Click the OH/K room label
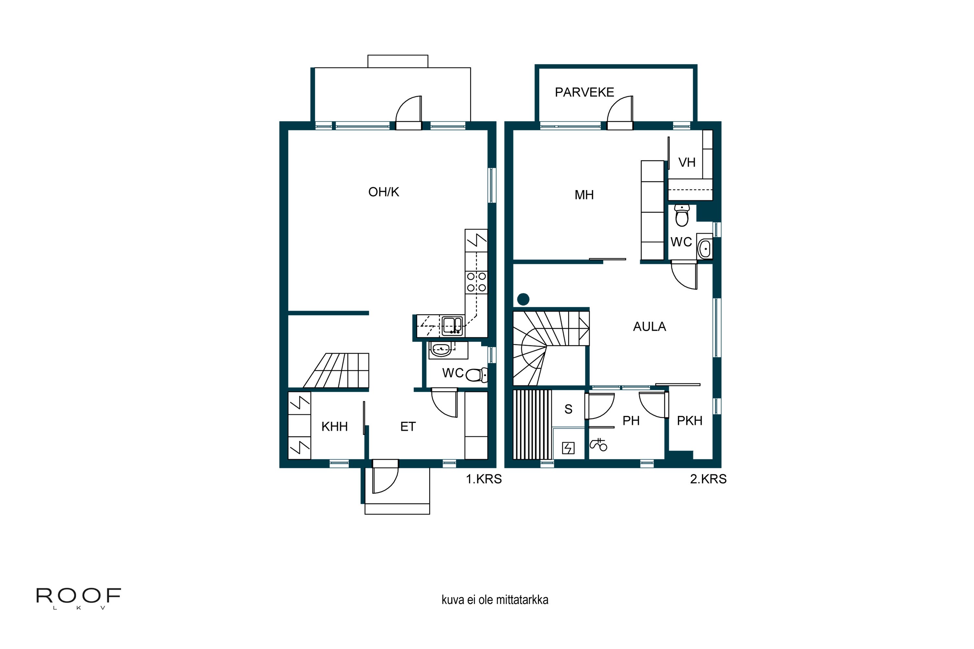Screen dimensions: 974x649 coord(383,192)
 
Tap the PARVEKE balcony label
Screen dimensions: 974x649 coord(584,92)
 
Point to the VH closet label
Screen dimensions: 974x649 coord(687,162)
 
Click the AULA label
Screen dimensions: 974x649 coord(649,326)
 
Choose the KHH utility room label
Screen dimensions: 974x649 coord(335,427)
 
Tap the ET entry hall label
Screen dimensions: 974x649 coord(408,427)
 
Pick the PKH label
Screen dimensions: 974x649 coord(690,421)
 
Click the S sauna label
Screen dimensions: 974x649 coord(568,409)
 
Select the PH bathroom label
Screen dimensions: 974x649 coord(631,421)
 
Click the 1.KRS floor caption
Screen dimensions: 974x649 coord(484,479)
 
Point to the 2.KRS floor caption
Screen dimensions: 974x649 coord(708,479)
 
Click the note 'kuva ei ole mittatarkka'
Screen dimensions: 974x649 coord(495,600)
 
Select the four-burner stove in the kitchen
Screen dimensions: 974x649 coord(476,282)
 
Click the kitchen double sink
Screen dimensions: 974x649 coord(452,326)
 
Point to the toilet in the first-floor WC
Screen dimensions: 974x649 coord(477,375)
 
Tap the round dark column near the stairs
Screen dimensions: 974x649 coord(523,299)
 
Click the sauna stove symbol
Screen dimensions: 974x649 coord(568,448)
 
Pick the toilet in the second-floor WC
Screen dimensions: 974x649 coord(681,215)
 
